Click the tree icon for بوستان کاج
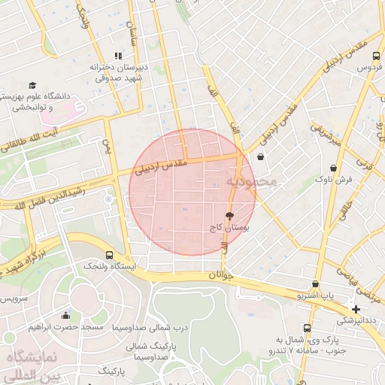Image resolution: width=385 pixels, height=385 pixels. click(x=229, y=215)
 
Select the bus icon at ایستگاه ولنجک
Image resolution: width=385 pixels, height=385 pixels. click(x=111, y=255)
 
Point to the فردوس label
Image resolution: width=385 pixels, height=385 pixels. click(x=366, y=68)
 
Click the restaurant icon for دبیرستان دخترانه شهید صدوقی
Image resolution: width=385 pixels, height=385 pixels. click(x=117, y=56)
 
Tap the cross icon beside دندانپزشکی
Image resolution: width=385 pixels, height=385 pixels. click(x=356, y=309)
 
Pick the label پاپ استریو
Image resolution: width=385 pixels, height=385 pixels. click(x=314, y=296)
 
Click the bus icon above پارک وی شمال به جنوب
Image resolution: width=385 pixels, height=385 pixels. click(x=307, y=329)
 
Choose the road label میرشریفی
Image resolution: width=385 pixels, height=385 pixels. click(x=328, y=134)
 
